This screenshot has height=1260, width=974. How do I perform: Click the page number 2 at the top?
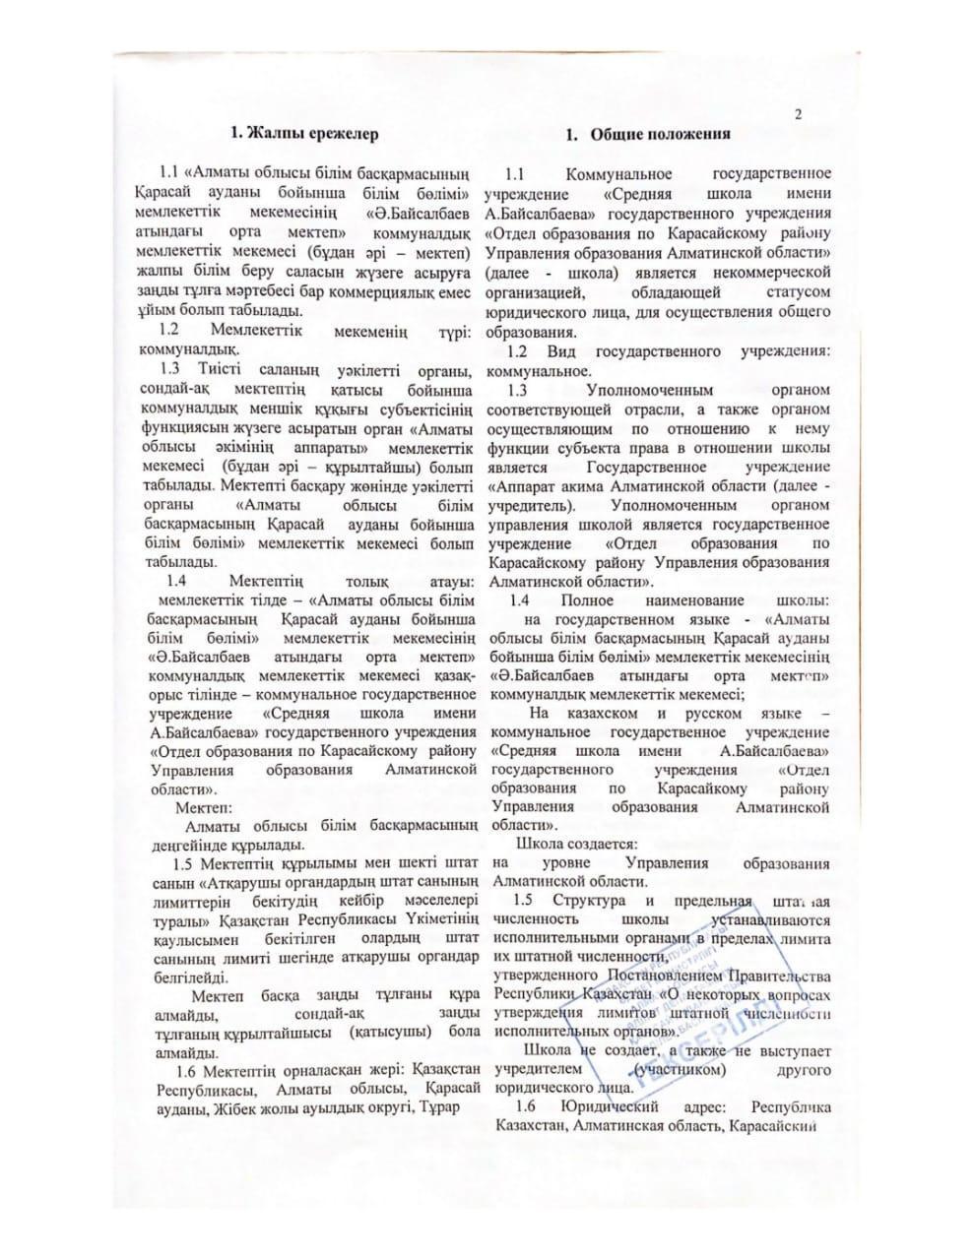coord(798,114)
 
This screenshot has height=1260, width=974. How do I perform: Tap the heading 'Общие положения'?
coord(661,133)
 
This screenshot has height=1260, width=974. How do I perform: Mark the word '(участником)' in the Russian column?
coord(681,1070)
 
